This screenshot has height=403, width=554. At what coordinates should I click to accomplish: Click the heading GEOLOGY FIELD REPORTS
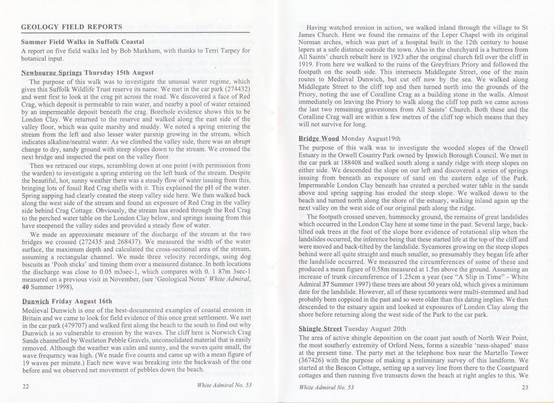(71, 27)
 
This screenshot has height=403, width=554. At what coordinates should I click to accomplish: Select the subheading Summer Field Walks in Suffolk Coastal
(82, 42)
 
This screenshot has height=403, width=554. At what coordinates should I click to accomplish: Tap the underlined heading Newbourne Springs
(52, 73)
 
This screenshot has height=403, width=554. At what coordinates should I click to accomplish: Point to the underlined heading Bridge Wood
(319, 138)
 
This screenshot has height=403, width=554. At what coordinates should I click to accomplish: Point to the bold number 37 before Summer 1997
(326, 284)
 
